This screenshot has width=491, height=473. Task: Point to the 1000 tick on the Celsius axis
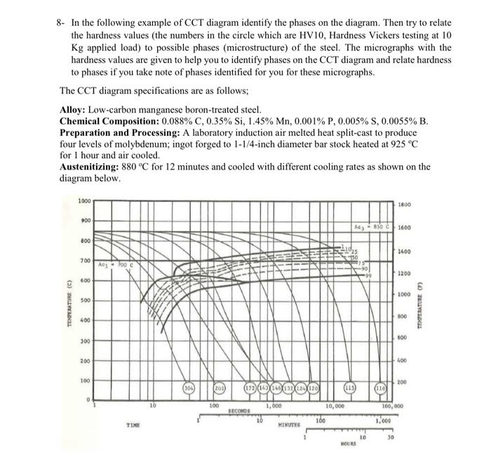click(84, 200)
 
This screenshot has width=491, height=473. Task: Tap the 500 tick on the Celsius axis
click(86, 301)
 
